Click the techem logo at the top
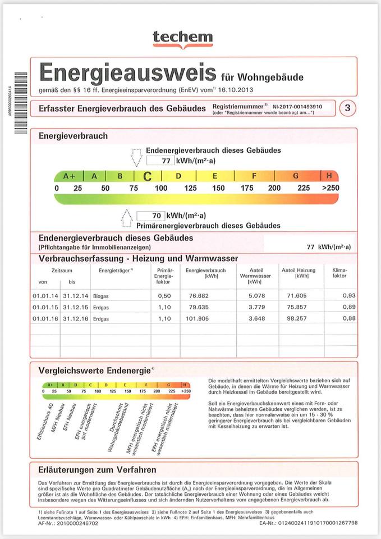(x=183, y=38)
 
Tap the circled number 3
(x=348, y=108)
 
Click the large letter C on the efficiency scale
(x=147, y=176)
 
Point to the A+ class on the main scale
(x=69, y=176)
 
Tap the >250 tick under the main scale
(x=330, y=188)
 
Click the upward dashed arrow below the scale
(x=127, y=217)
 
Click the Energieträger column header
(x=115, y=270)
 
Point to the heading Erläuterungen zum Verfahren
(x=97, y=469)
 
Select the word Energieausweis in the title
(x=127, y=73)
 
